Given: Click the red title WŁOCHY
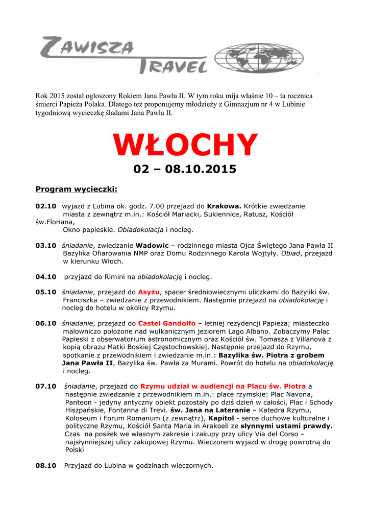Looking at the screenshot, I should pos(185,145).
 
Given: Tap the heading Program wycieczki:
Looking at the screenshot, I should pos(76,189).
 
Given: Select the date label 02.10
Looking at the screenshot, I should pos(45,206).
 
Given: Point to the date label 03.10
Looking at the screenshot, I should pos(45,245).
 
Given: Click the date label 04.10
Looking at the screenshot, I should pos(45,277).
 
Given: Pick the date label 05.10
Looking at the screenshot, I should pos(45,292).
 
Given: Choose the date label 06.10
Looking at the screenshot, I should pos(45,323).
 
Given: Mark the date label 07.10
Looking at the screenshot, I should pos(45,386).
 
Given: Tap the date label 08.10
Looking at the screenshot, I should pos(45,465).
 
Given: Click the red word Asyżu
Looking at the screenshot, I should pos(150,292).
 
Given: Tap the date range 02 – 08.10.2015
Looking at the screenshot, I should pos(185,168).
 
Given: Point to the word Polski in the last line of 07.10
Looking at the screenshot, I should pos(75,450).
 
